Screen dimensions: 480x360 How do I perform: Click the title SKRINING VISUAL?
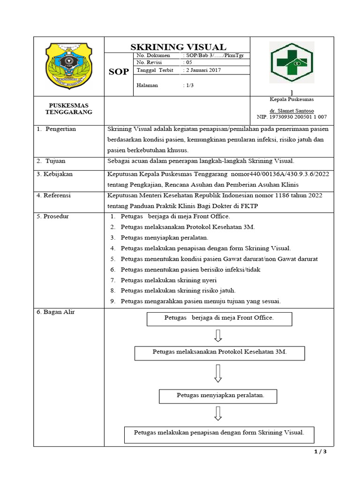[178, 47]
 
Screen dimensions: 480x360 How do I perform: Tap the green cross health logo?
[291, 62]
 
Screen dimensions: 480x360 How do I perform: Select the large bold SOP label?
[119, 72]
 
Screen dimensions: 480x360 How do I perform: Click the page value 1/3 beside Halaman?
[187, 85]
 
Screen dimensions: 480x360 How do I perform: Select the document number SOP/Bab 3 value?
[214, 55]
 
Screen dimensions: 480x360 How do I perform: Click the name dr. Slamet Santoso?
[292, 109]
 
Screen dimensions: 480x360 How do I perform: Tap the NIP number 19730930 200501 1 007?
[292, 117]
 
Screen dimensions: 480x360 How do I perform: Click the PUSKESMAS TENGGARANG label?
[68, 109]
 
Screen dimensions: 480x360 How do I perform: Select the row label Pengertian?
[60, 129]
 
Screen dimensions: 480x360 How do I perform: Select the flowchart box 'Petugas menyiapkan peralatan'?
[218, 396]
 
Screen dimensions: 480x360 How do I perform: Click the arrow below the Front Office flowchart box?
[217, 335]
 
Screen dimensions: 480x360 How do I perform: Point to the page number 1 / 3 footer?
[320, 452]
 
